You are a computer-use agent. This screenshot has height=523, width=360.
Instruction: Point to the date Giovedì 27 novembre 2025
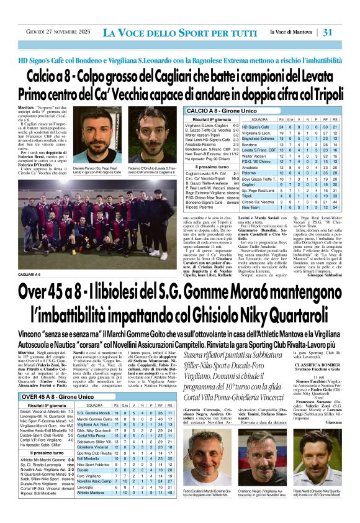coord(52,32)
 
